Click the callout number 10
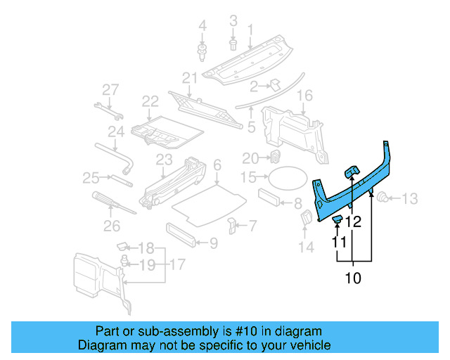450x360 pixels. (x=352, y=278)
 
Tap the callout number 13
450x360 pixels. (x=409, y=198)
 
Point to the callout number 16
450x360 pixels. (x=304, y=96)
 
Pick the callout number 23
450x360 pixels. (x=163, y=159)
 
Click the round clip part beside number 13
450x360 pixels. (x=384, y=198)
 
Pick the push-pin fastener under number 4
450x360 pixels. (x=202, y=51)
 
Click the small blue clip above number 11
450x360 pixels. (x=337, y=221)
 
